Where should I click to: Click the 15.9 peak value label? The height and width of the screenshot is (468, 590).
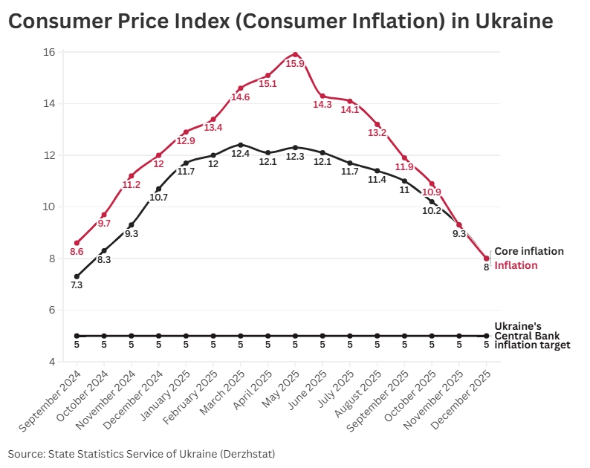click(295, 64)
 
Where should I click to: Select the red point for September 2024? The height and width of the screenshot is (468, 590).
click(77, 243)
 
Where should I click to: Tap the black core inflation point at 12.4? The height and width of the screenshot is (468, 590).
click(241, 145)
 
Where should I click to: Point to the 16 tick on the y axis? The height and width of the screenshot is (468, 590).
click(49, 52)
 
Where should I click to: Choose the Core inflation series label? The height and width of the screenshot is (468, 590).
click(529, 251)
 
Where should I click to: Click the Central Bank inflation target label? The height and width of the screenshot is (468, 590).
click(532, 336)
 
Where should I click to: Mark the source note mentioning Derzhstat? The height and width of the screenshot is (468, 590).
click(141, 452)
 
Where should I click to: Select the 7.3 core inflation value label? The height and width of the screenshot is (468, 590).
click(77, 285)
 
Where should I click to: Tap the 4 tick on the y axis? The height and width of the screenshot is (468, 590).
click(52, 362)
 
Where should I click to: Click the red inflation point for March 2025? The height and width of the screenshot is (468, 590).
click(241, 88)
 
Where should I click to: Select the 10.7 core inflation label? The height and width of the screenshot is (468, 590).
click(159, 198)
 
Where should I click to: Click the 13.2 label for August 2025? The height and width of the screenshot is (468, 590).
click(377, 134)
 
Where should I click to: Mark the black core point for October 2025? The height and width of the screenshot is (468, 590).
click(432, 201)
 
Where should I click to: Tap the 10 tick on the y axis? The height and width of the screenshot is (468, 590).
click(49, 207)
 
